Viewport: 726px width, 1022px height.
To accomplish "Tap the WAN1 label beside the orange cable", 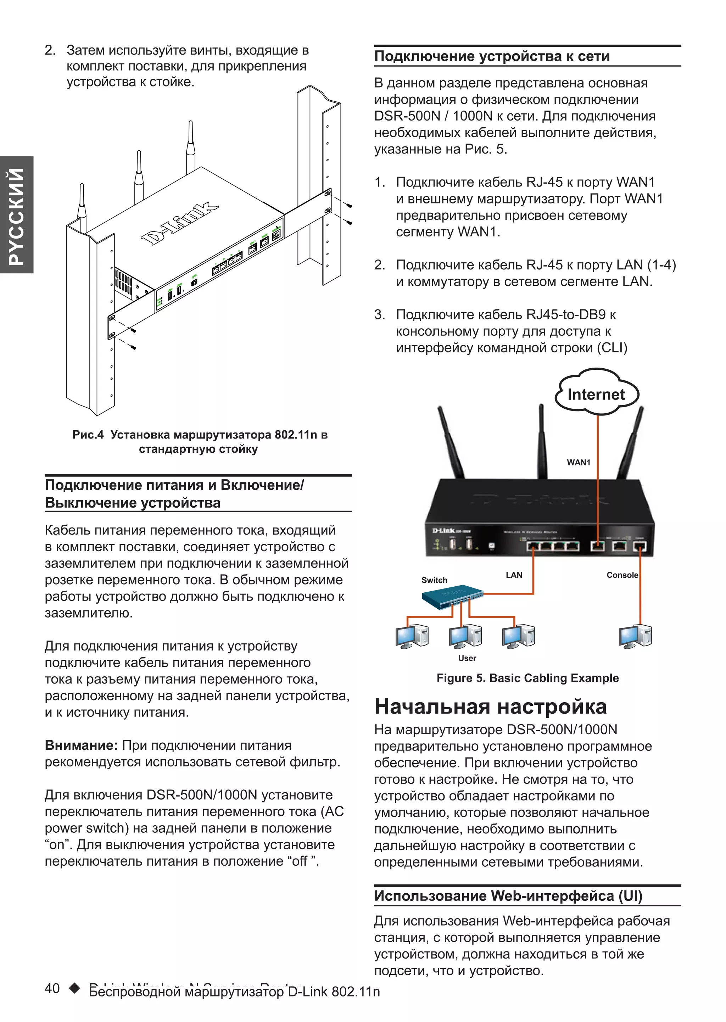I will (578, 462).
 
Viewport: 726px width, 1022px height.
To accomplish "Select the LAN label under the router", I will (514, 575).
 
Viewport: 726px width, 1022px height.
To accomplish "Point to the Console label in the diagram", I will (622, 575).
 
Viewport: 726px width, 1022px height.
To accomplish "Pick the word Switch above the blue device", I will (434, 580).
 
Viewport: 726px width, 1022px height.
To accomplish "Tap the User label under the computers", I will (467, 658).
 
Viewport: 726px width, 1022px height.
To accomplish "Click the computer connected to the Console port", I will (635, 636).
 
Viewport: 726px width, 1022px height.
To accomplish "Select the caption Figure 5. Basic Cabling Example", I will (527, 678).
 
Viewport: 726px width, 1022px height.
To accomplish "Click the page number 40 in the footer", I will (52, 988).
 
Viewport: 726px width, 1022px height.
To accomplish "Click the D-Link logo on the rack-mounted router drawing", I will (180, 224).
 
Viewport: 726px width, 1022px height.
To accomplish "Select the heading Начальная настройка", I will (490, 707).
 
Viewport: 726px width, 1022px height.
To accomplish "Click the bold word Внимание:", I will (81, 745).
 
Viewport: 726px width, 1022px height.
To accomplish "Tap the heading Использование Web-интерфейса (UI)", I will (508, 896).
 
